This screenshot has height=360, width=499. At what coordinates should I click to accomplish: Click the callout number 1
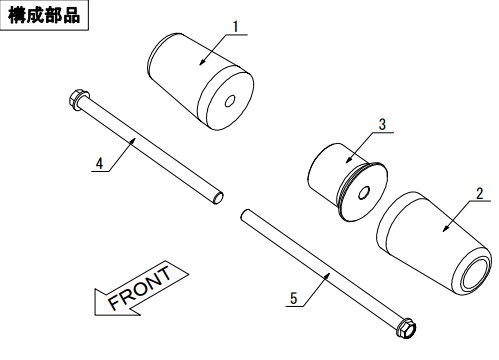pos(236,27)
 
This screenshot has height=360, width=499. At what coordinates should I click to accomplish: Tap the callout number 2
pos(479,194)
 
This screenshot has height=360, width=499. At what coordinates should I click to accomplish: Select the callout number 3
pos(382,124)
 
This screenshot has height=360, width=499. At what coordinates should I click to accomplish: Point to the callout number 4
pos(99,164)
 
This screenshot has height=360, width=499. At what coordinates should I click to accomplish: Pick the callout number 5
pos(293,298)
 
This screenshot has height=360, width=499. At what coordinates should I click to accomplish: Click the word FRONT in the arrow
pos(140,288)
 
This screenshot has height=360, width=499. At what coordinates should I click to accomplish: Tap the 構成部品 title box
pos(44,15)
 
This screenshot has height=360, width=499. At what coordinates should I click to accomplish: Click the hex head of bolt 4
pos(78,99)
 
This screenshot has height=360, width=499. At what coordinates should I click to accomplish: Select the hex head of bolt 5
pos(406,328)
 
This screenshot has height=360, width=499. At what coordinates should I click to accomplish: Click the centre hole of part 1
pos(230,101)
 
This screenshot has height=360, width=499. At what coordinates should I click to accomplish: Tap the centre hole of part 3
pos(364,192)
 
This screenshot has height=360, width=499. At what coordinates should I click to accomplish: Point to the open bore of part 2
pos(475,273)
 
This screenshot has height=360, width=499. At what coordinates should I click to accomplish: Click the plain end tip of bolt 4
pos(219,198)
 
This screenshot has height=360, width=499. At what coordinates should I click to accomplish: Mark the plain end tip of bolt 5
pos(244,214)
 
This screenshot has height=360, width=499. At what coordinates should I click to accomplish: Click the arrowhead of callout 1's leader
pos(202,62)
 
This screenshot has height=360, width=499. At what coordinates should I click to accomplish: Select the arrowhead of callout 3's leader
pos(348,160)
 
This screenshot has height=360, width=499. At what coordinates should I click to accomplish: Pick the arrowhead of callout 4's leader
pos(133,140)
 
